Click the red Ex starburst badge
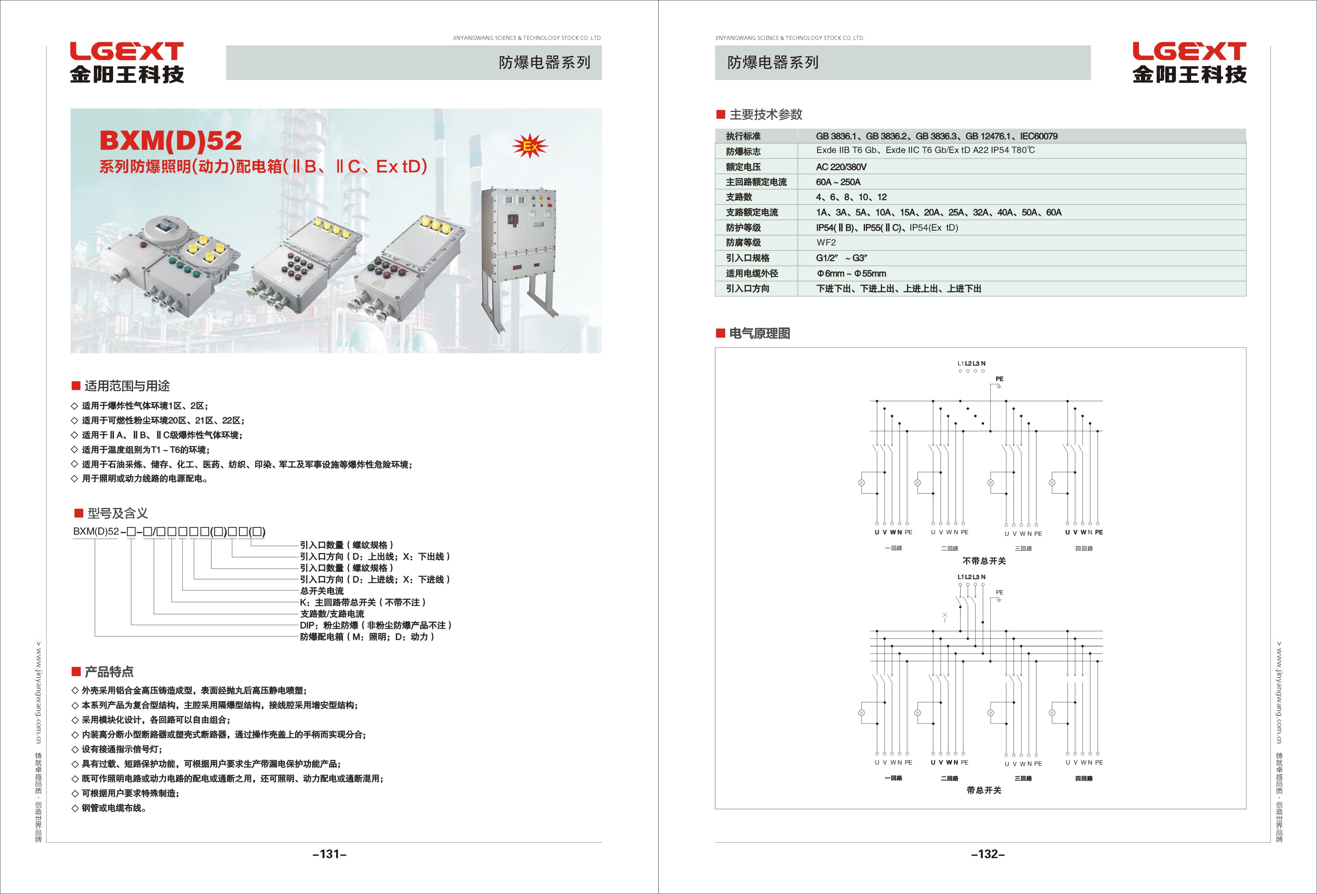click(530, 146)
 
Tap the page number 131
click(330, 854)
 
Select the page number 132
click(988, 854)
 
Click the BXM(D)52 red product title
click(170, 141)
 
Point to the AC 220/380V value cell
click(841, 167)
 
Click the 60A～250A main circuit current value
click(838, 182)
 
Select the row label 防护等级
click(743, 227)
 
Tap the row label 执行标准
click(743, 136)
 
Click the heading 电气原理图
click(759, 333)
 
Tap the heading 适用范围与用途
click(127, 386)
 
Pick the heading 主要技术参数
click(765, 114)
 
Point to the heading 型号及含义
click(117, 514)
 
